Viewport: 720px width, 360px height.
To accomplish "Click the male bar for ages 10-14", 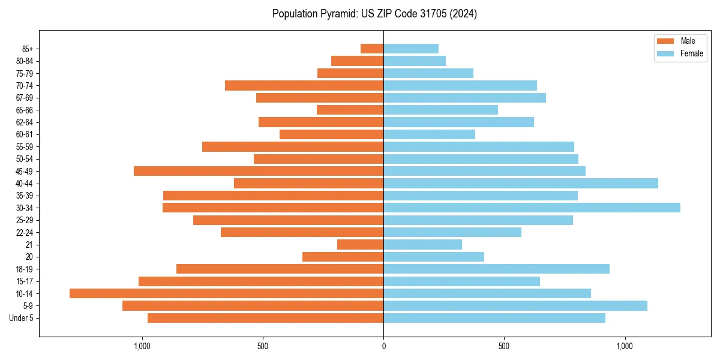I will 226,293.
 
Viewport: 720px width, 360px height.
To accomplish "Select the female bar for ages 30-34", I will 532,208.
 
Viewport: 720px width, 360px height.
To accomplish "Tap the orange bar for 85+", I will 372,49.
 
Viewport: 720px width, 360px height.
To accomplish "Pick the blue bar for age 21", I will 422,244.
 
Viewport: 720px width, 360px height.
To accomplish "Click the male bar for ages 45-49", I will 259,171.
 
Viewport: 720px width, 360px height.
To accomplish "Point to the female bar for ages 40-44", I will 521,183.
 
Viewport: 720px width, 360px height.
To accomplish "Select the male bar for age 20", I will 343,257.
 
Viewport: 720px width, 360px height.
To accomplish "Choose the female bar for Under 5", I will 494,318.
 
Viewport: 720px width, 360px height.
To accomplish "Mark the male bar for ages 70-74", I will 304,85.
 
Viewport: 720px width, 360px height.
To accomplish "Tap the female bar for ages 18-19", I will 496,269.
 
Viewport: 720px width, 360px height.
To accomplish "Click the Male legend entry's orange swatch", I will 666,41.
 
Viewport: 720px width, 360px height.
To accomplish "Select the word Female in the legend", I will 692,53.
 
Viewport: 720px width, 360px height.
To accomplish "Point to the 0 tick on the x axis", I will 383,346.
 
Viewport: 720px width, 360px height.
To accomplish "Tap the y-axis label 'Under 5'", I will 22,318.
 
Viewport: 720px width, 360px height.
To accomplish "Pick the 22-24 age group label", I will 25,232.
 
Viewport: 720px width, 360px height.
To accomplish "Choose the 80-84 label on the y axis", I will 25,61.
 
